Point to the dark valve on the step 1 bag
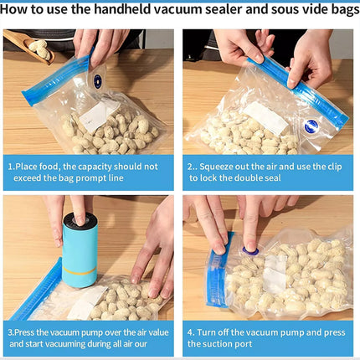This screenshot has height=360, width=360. pyautogui.click(x=97, y=81)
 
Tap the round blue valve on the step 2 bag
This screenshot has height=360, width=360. pyautogui.click(x=311, y=125)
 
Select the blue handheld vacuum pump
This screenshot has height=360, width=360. pyautogui.click(x=80, y=249)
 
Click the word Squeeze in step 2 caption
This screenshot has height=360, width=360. pyautogui.click(x=220, y=166)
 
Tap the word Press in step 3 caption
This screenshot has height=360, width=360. pyautogui.click(x=30, y=331)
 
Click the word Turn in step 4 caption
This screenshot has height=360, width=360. pyautogui.click(x=215, y=331)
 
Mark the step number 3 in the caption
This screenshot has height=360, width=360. pyautogui.click(x=11, y=331)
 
